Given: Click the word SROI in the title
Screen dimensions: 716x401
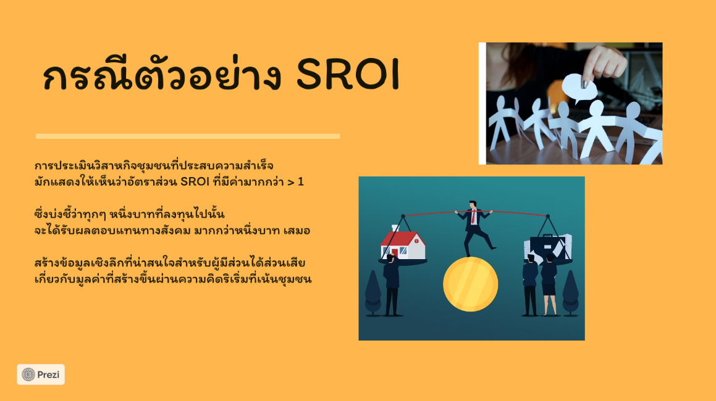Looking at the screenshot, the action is pos(348,75).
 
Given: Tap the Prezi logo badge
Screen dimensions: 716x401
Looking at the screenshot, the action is pos(41,374).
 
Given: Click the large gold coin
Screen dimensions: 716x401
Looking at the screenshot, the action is pos(470,284).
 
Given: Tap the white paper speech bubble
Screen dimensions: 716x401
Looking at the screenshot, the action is pos(579,88).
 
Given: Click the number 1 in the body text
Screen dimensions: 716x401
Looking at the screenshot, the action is pos(300,182).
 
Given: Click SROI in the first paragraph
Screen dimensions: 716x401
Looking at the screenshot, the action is pos(195,181).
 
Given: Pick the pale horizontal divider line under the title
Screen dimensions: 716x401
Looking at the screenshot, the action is pos(188,136).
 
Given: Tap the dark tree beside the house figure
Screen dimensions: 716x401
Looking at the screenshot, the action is pos(373,293).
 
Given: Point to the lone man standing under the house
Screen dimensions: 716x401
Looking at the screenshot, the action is pos(391,285).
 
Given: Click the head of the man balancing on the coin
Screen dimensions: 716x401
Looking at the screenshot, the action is pos(473,204).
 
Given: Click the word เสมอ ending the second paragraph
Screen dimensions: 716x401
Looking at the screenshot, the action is pos(297,231).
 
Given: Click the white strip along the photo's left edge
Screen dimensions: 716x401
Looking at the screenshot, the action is pos(482,104).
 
